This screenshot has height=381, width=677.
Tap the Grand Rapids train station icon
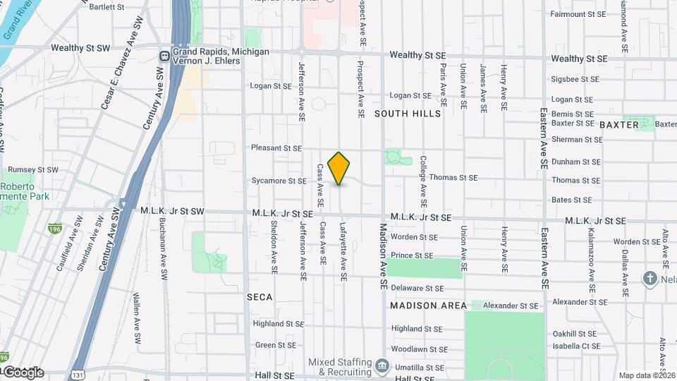164,56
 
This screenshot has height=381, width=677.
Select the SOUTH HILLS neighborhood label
408,114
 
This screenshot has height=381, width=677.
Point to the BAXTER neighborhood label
618,125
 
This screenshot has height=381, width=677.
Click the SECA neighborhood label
260,298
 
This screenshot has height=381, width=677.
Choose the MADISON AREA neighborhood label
429,306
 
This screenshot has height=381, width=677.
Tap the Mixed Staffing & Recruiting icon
382,365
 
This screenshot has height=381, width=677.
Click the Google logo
23,373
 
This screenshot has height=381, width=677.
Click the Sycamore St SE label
279,181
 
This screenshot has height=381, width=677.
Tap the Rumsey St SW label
32,170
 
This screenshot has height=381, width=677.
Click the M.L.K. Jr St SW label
172,212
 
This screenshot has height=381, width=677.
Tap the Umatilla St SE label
416,368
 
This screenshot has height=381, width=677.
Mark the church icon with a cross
649,279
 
